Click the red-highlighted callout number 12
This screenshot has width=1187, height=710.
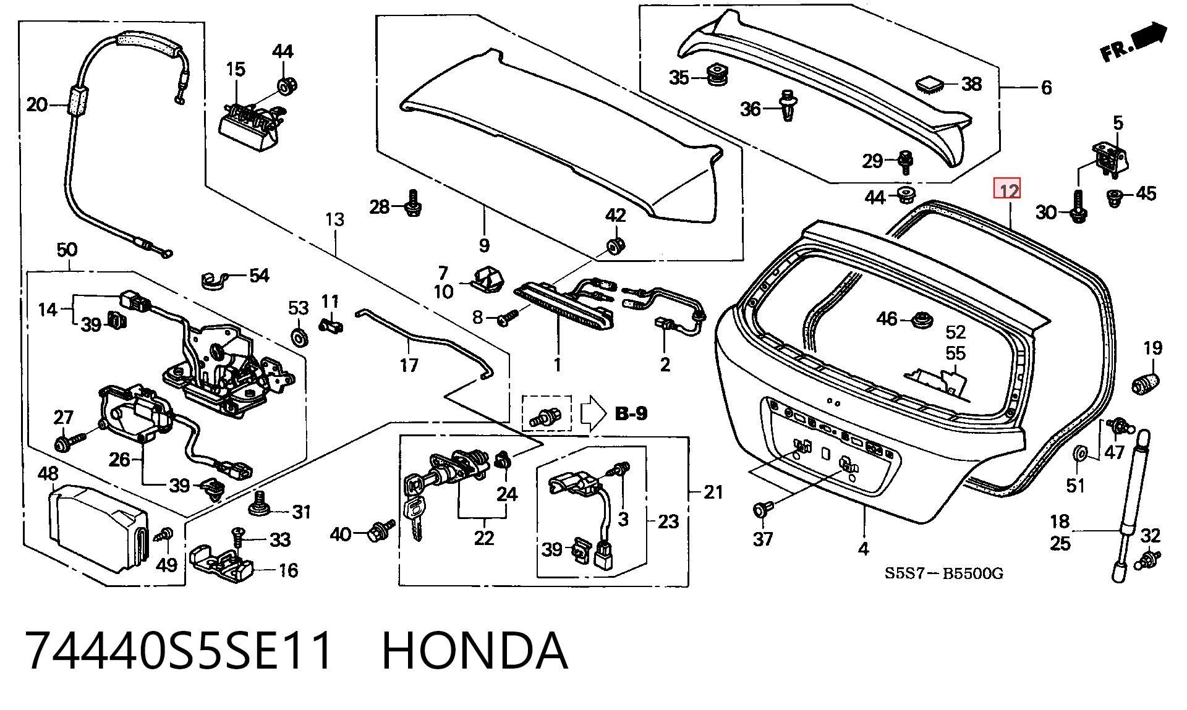(x=1007, y=188)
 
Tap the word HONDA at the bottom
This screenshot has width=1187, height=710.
(x=475, y=651)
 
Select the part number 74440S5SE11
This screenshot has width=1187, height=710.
(x=179, y=651)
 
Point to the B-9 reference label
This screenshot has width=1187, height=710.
(x=631, y=413)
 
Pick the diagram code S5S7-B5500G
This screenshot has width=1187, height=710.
(x=943, y=573)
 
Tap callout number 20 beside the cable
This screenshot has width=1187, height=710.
(x=37, y=104)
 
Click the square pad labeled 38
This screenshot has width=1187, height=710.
(x=929, y=84)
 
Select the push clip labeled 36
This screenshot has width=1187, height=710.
(x=788, y=105)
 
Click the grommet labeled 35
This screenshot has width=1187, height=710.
(x=717, y=74)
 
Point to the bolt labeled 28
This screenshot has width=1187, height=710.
(x=414, y=203)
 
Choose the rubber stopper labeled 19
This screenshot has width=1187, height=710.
(x=1145, y=384)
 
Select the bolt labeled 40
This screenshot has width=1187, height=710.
(x=380, y=531)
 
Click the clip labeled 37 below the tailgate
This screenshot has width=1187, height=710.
(x=762, y=509)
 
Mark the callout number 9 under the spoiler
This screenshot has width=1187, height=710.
(x=485, y=245)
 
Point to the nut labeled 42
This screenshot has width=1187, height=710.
(x=615, y=245)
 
